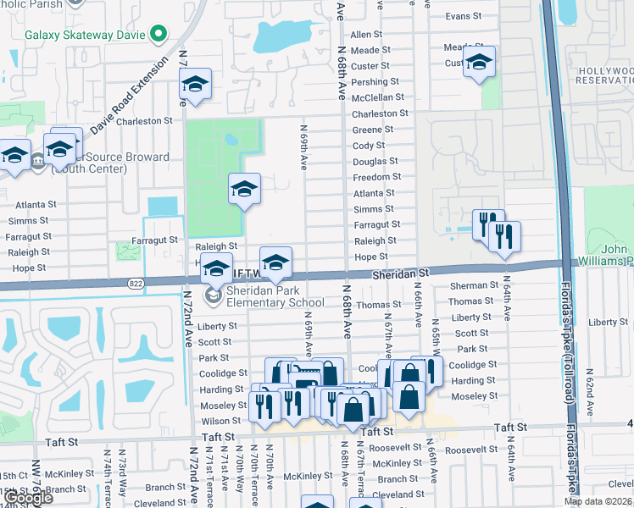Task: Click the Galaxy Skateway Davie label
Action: (85, 35)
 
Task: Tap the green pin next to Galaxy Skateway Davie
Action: (157, 35)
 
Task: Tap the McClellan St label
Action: (378, 97)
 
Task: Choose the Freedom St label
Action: (377, 177)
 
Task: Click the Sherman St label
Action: (472, 286)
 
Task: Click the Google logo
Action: (28, 498)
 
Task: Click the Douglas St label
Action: (375, 161)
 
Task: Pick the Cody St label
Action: (369, 146)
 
